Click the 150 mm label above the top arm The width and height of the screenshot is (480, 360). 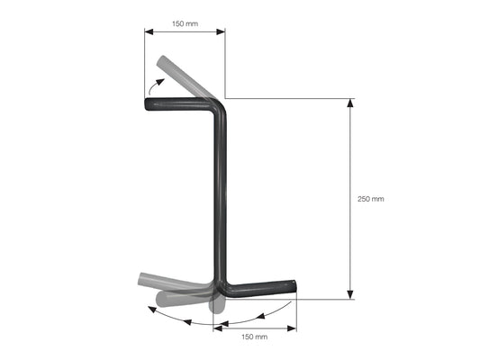(185, 23)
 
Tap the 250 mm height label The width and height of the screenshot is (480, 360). (371, 199)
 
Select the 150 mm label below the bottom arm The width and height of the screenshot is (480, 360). (254, 337)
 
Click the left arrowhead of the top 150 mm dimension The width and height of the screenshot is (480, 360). (149, 31)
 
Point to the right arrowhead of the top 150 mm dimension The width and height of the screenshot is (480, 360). (221, 31)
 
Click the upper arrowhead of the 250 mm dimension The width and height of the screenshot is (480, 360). (350, 103)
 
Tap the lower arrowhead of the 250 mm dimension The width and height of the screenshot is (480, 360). (350, 295)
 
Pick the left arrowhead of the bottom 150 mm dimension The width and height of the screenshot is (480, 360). (218, 328)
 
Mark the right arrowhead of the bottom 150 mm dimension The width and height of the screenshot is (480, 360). (292, 328)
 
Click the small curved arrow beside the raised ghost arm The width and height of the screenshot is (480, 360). (155, 85)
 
